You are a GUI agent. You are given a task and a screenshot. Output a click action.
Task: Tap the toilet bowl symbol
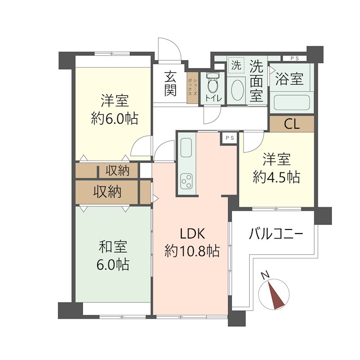pyautogui.click(x=212, y=84)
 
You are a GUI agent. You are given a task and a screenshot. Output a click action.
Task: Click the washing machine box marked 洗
pyautogui.click(x=236, y=65)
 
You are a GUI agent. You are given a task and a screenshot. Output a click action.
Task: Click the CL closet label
pyautogui.click(x=292, y=124)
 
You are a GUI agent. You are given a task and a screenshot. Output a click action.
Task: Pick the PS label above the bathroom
pyautogui.click(x=294, y=58)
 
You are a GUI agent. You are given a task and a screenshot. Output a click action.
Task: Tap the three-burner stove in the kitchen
pyautogui.click(x=186, y=181)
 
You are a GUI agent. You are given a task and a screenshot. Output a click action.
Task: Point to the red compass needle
pyautogui.click(x=276, y=295)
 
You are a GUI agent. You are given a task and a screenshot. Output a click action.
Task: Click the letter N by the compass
pyautogui.click(x=266, y=274)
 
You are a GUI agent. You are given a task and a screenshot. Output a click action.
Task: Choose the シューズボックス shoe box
pyautogui.click(x=193, y=88)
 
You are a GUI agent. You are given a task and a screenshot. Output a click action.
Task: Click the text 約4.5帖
pyautogui.click(x=276, y=177)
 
